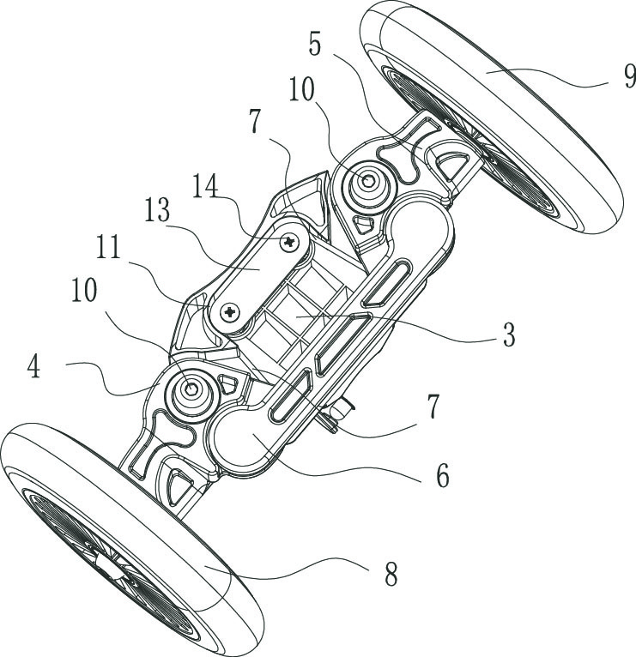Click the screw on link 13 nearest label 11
point(230,314)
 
